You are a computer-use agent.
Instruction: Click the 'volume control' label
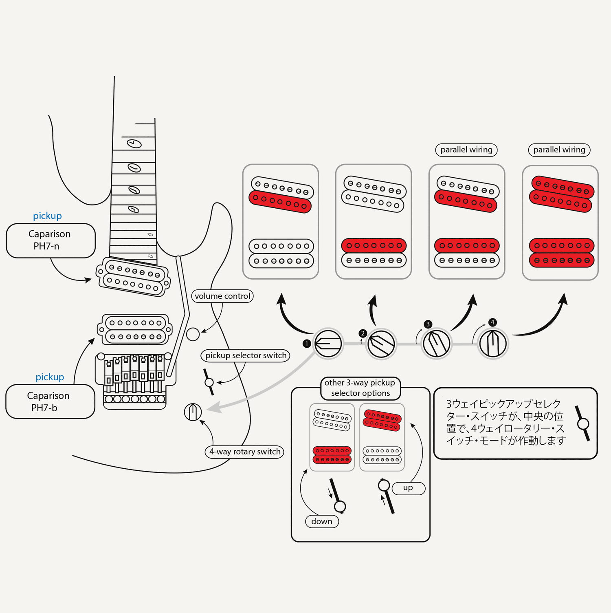tap(222, 296)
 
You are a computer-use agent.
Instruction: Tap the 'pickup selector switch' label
tap(246, 355)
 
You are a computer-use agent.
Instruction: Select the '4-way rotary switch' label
tap(244, 452)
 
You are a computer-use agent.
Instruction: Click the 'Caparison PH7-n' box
tap(51, 240)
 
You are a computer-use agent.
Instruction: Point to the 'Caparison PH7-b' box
tap(50, 401)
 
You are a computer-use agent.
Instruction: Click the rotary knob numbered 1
tap(328, 344)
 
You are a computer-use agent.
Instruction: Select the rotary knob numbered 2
tap(381, 344)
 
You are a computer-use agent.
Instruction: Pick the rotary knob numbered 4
tap(493, 344)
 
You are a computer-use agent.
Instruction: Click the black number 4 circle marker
tap(492, 322)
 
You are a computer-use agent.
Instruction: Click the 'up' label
tap(408, 488)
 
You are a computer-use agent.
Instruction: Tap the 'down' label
tap(322, 521)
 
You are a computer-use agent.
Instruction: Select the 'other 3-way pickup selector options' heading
tap(360, 388)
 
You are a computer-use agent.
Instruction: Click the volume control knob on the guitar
tap(193, 334)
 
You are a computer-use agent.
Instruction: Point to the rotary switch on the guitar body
tap(193, 412)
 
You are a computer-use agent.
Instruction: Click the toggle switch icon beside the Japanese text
tap(583, 424)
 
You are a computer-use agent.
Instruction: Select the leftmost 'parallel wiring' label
tap(466, 150)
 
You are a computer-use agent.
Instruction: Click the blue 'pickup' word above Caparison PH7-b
tap(50, 377)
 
